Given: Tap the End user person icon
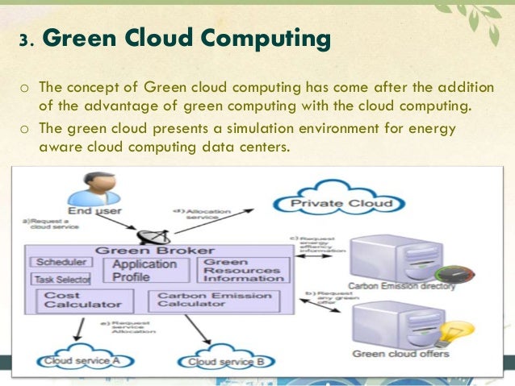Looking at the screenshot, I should (86, 190).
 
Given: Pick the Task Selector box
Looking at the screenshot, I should (61, 279).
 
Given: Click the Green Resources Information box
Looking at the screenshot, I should (243, 270).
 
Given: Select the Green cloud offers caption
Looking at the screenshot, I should (400, 354).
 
